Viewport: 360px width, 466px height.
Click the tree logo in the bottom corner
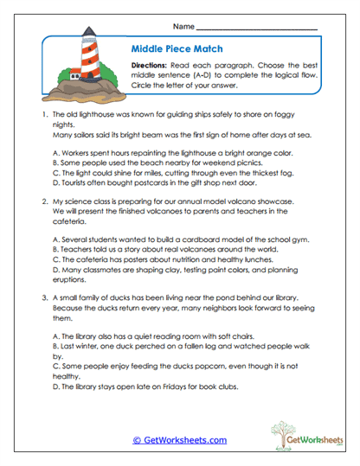[x=289, y=431]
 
